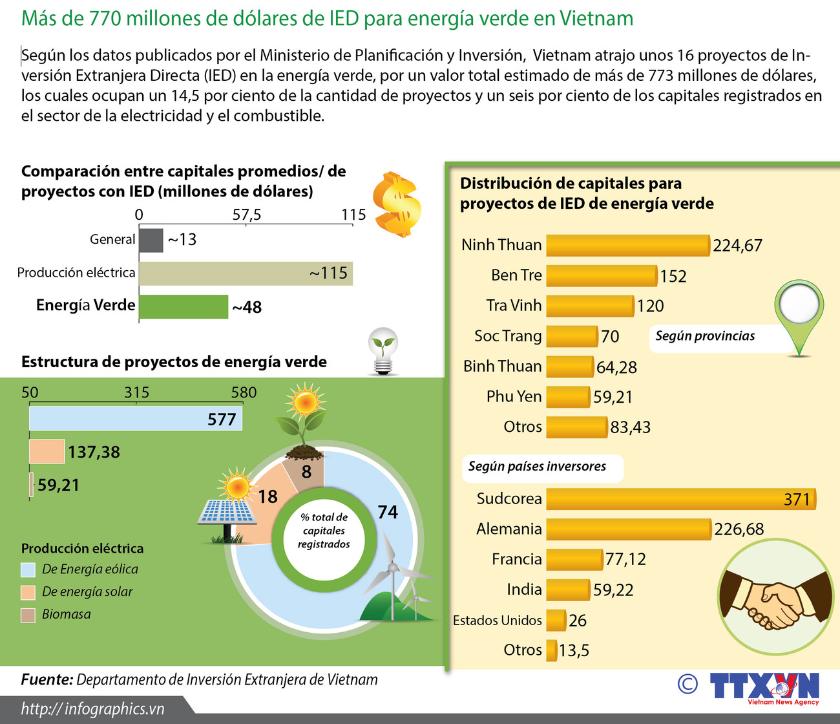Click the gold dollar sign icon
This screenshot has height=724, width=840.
397,204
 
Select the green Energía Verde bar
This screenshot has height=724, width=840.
184,307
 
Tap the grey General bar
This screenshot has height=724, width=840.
151,240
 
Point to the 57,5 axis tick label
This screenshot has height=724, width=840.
246,215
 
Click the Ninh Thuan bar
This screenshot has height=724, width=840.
627,246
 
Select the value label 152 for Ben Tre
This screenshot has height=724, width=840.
673,277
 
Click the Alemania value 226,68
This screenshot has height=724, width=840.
739,529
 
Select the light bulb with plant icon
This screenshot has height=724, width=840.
383,351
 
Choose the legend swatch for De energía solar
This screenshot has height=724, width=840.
28,592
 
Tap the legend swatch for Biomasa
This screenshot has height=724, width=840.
28,615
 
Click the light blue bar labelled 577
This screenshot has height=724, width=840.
135,419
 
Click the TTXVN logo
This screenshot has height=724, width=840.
764,687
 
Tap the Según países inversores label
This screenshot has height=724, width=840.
537,467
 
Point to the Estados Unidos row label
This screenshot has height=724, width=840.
497,621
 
